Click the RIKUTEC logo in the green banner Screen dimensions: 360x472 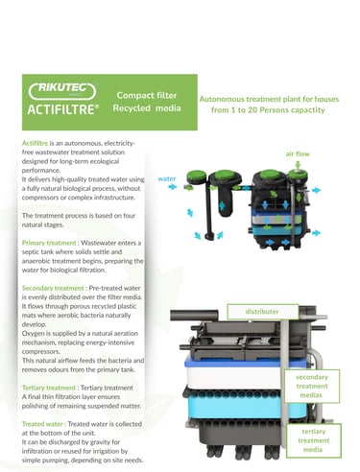tap(62, 91)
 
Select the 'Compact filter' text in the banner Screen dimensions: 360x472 tap(147, 95)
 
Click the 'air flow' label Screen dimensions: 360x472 tap(298, 153)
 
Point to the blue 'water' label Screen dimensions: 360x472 tap(167, 178)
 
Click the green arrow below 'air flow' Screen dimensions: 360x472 tap(298, 165)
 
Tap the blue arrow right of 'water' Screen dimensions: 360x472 tap(173, 186)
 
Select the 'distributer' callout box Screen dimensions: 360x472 tap(263, 312)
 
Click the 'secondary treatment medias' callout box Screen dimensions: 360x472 tap(312, 386)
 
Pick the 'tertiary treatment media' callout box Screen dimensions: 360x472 tap(313, 440)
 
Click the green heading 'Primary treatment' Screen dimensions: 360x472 tap(49, 243)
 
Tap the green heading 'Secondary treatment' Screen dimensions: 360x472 tap(53, 288)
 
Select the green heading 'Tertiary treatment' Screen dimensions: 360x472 tap(49, 388)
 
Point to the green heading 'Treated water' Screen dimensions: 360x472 tap(42, 424)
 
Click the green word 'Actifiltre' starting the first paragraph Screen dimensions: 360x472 tap(35, 143)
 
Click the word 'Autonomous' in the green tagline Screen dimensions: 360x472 tap(222, 99)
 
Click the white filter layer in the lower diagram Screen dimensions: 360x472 tap(233, 378)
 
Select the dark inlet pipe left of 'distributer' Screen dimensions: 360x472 tap(194, 315)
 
